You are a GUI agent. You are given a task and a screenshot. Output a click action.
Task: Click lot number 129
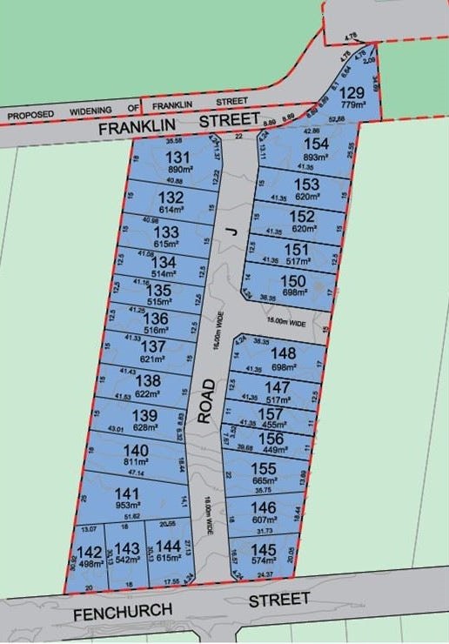pos(352,93)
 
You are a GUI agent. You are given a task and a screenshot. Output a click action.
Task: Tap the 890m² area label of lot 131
pos(178,170)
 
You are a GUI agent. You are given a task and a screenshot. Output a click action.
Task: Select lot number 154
pos(315,144)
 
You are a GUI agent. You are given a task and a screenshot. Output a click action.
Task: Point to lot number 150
pos(292,280)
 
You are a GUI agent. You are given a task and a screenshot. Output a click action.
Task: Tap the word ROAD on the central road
pos(205,401)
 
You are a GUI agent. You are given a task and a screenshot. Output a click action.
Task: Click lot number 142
pos(89,551)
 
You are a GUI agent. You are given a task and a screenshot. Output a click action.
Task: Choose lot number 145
pos(265,549)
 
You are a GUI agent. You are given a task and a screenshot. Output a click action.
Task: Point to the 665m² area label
pos(265,480)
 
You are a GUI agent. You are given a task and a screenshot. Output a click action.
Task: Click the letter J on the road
pos(231,230)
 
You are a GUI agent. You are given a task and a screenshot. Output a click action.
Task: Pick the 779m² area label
pos(352,106)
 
